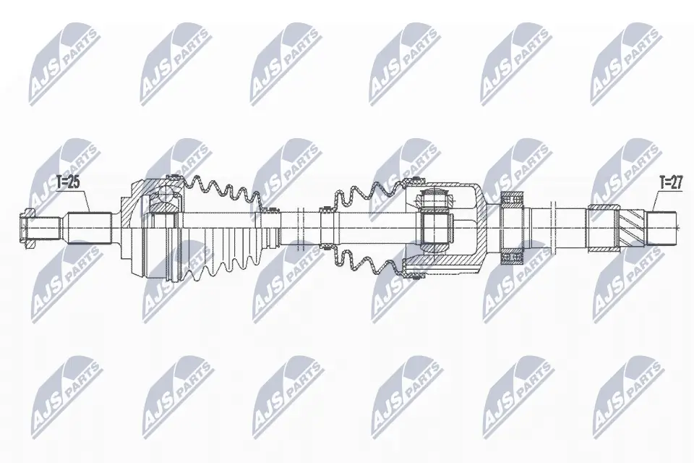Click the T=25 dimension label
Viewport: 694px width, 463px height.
[x=67, y=182]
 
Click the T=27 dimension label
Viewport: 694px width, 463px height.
[x=670, y=182]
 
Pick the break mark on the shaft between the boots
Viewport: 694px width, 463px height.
[x=305, y=226]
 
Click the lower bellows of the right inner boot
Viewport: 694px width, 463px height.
[x=365, y=263]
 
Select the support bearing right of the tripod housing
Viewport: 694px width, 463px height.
[x=513, y=226]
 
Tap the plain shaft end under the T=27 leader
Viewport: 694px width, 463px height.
[x=664, y=226]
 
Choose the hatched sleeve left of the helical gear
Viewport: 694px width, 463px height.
[x=600, y=227]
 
